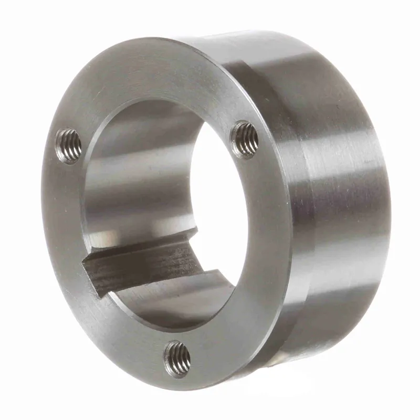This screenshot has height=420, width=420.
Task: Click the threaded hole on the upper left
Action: coord(69,145)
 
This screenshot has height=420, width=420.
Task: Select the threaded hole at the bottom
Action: coord(177,358)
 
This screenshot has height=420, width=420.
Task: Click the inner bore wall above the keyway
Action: coord(136,173)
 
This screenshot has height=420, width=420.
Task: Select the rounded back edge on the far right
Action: coord(386,210)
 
